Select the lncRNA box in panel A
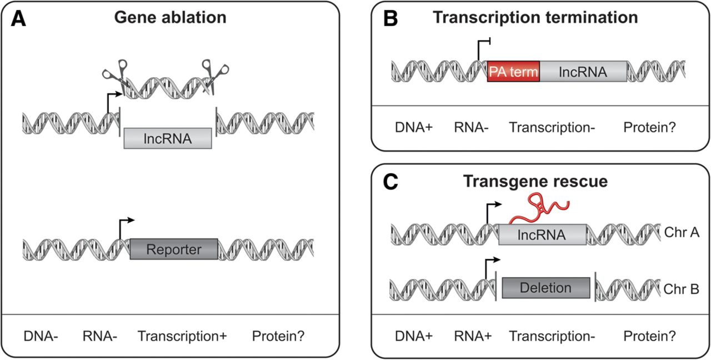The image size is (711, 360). point(167,138)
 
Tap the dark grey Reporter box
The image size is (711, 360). point(174,249)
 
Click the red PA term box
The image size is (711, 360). point(513,72)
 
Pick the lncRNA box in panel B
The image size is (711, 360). point(583,72)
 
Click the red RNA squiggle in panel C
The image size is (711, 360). point(535,210)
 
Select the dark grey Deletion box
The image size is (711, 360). point(545,288)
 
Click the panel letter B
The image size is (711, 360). point(390,18)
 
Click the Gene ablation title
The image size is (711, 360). point(170,17)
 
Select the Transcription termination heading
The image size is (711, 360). point(535,17)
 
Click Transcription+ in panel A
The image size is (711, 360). point(182,336)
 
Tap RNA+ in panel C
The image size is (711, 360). point(471,336)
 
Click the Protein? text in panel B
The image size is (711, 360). point(649,128)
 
